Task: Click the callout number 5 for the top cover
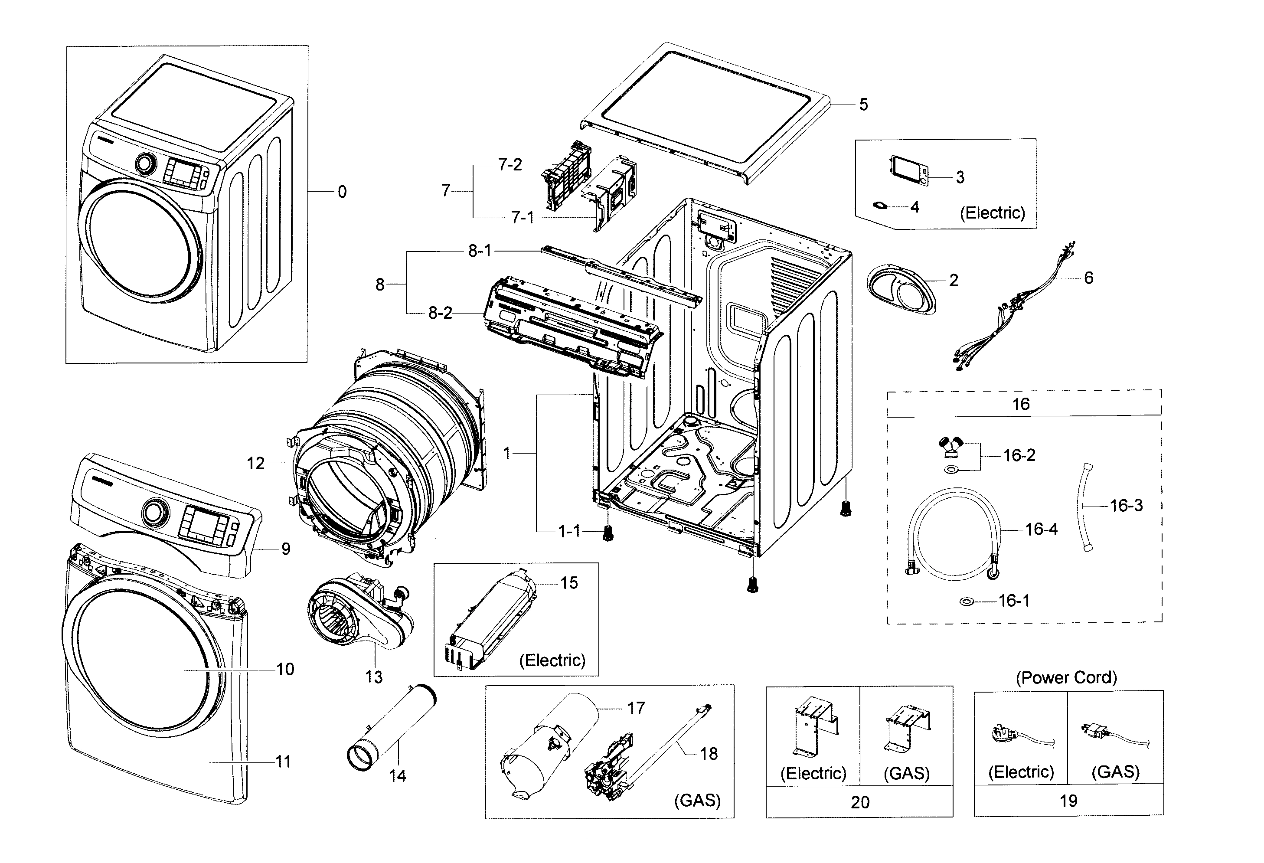click(863, 105)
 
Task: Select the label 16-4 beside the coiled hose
click(1041, 529)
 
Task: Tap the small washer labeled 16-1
click(967, 601)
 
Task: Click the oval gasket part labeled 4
click(880, 206)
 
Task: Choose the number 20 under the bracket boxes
click(860, 802)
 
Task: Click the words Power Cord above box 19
click(1066, 677)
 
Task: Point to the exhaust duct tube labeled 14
click(391, 729)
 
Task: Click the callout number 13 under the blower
click(374, 677)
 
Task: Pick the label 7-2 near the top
click(510, 164)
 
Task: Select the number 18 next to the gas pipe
click(708, 754)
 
